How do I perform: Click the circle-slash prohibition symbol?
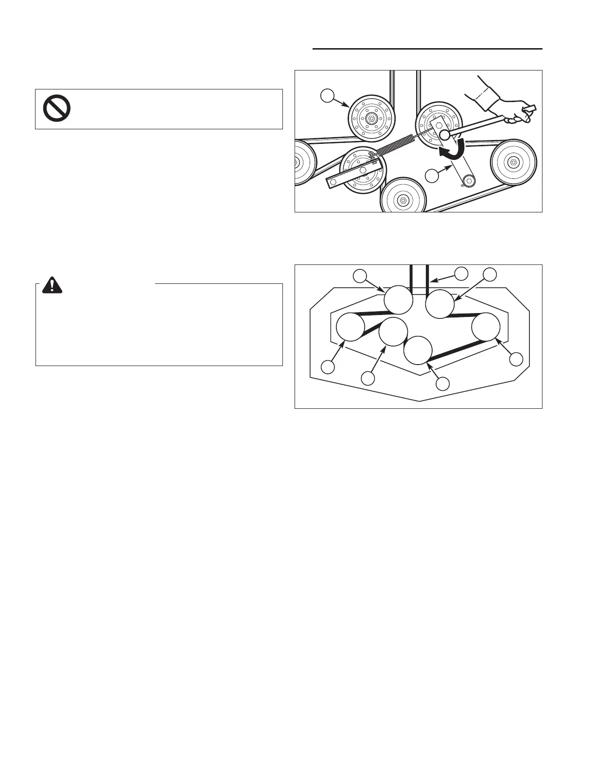pos(57,108)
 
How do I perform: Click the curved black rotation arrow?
pos(452,149)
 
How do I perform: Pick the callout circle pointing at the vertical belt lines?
pos(461,273)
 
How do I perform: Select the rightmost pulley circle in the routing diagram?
pos(486,328)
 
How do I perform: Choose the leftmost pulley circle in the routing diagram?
pos(350,328)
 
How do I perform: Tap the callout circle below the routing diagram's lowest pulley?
pos(442,384)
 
